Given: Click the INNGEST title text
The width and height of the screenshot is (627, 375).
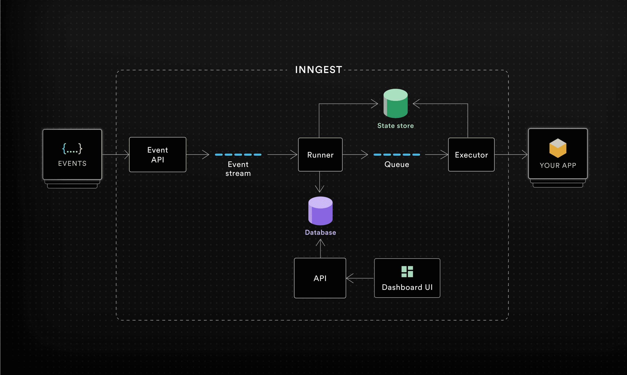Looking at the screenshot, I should click(319, 70).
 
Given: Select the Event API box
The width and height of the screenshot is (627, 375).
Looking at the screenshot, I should click(157, 155).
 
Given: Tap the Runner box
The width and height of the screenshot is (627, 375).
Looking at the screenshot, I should click(320, 155).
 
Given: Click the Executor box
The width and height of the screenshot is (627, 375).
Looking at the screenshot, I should click(471, 155).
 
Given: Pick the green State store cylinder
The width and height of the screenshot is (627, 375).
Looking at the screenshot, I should click(396, 104).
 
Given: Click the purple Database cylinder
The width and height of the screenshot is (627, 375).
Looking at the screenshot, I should click(320, 211).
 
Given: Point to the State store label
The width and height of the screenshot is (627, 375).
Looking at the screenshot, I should click(396, 126).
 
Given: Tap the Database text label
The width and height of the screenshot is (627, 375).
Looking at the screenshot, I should click(320, 232).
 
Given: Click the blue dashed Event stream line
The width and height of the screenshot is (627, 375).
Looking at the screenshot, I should click(238, 155).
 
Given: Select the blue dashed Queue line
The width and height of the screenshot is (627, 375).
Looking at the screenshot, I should click(397, 155).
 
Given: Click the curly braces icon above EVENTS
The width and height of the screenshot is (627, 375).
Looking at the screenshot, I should click(72, 149).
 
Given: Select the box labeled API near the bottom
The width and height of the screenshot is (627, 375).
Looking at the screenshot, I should click(320, 278).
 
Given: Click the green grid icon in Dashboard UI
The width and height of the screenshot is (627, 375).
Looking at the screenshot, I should click(407, 272).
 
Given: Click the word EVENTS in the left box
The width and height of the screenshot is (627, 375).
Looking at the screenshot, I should click(72, 164).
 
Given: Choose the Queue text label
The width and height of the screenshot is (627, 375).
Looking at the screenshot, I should click(397, 165).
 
